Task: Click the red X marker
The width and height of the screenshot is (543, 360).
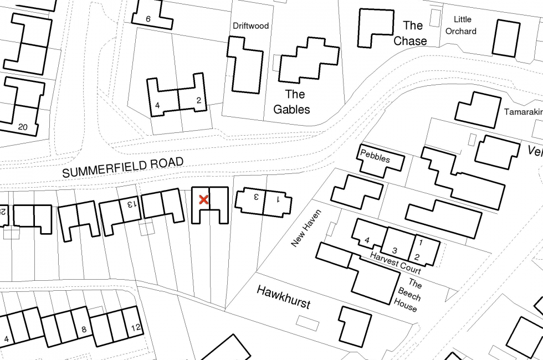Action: tap(203, 199)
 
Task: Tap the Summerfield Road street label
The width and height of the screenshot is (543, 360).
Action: tap(122, 167)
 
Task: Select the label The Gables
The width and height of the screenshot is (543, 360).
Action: tap(291, 101)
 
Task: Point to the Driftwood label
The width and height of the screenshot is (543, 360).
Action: tap(250, 25)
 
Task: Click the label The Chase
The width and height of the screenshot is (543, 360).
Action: tap(411, 33)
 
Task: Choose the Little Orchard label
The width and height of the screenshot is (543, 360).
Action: tap(461, 25)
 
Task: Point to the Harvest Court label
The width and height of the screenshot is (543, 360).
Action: tap(396, 262)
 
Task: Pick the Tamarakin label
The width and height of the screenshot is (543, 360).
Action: tap(522, 112)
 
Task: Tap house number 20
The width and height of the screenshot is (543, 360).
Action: tap(22, 127)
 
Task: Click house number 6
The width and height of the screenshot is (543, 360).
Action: tap(148, 19)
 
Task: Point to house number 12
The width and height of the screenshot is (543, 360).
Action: tap(136, 327)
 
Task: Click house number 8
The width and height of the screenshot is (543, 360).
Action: tap(84, 330)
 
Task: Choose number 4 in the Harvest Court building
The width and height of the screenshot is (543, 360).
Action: tap(367, 240)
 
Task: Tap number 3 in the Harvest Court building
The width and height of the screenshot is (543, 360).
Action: tap(395, 250)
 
